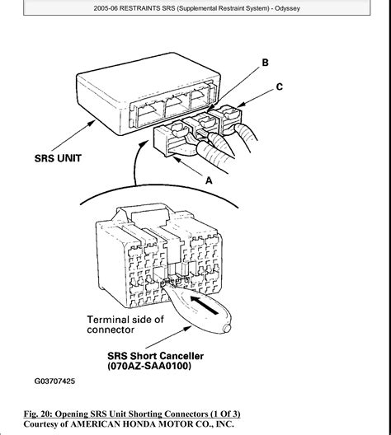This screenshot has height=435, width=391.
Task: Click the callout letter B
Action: [x=265, y=63]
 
